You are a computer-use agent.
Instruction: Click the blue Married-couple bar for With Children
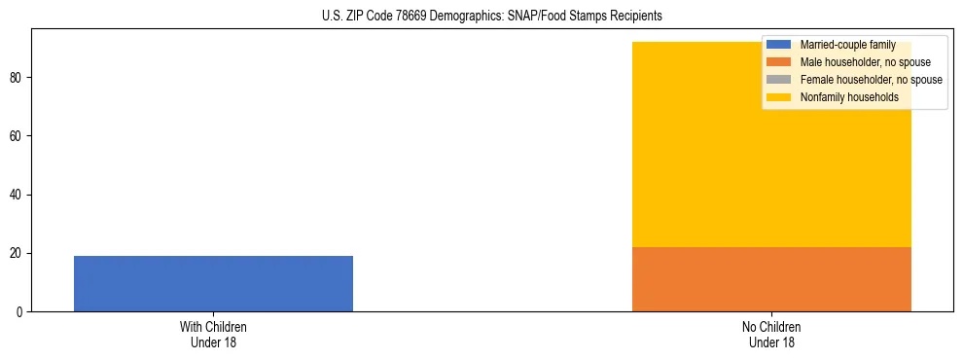[213, 283]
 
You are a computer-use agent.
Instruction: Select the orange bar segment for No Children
[771, 279]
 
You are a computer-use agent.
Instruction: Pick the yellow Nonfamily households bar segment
[771, 156]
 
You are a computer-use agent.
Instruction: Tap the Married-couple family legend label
[842, 45]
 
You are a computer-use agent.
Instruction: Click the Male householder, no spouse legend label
[852, 62]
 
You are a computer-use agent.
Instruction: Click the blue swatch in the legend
[778, 45]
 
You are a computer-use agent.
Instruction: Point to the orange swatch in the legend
[778, 62]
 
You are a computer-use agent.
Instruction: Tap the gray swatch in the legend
[778, 80]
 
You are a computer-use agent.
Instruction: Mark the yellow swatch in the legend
[778, 97]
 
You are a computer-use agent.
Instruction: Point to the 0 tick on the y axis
[20, 312]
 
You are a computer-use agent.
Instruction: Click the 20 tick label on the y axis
[18, 254]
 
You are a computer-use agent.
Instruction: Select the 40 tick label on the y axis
[18, 195]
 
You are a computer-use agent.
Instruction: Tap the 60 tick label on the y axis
[18, 136]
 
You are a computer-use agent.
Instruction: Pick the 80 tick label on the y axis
[18, 78]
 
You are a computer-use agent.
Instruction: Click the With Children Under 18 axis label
[213, 335]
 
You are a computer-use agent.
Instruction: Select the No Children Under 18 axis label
[771, 335]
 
